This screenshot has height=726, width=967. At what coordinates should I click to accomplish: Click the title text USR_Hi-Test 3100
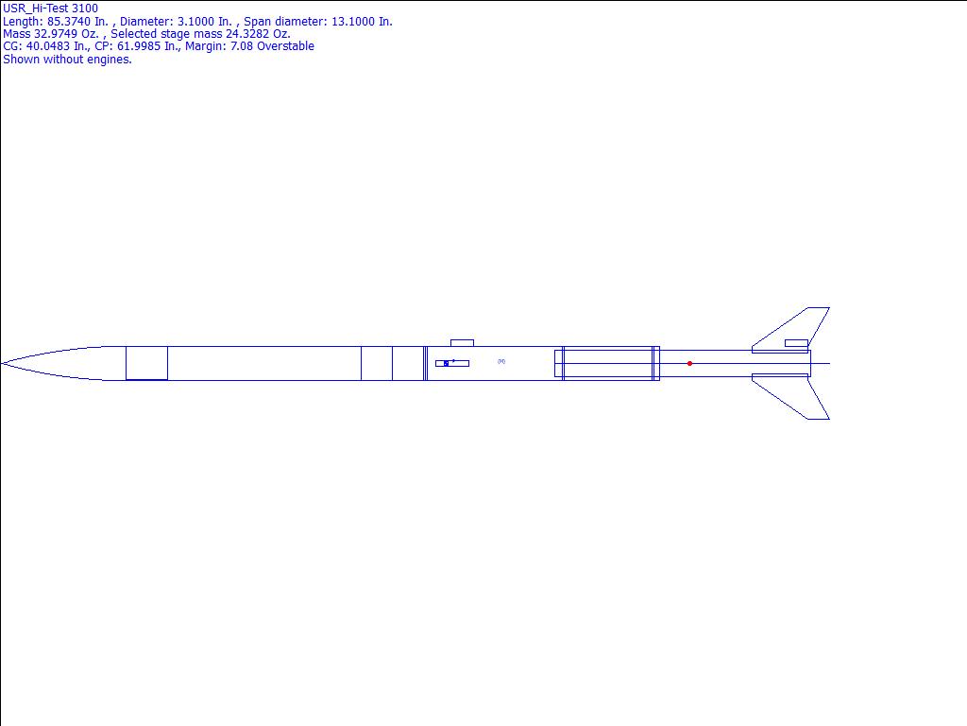(x=51, y=9)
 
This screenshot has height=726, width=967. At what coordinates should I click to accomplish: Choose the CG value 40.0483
(x=48, y=46)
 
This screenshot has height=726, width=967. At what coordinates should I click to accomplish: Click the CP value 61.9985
(x=139, y=46)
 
